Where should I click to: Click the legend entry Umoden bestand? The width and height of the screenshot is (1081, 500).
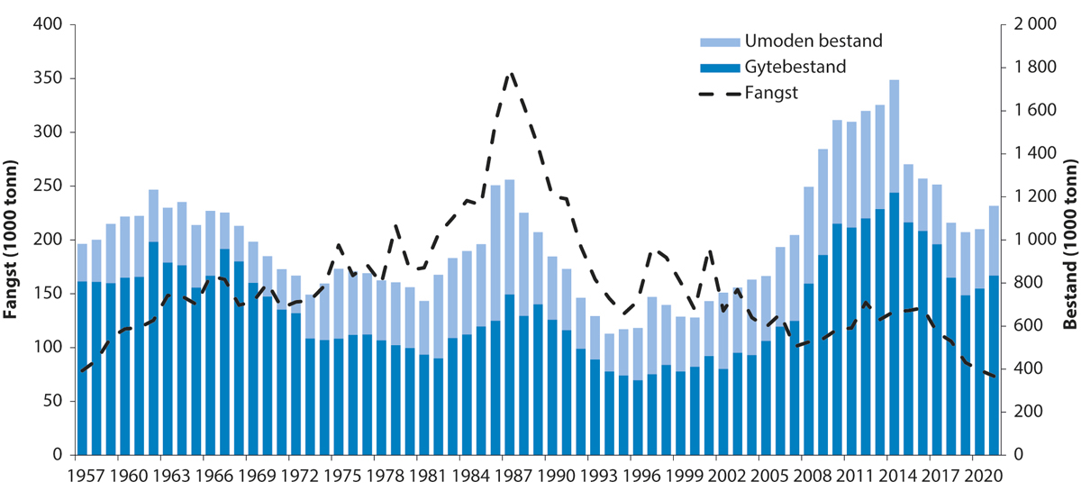point(812,41)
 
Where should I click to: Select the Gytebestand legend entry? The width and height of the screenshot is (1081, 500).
point(795,67)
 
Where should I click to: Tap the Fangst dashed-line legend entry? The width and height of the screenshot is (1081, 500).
point(772,92)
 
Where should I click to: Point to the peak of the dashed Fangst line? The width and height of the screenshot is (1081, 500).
point(511,74)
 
